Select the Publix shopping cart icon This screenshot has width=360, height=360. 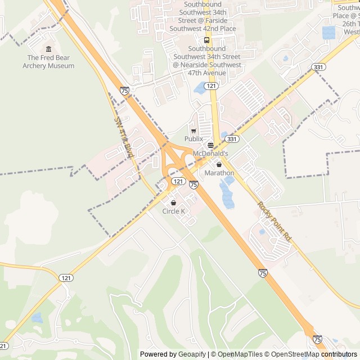[x=193, y=130]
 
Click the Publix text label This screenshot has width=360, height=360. [x=193, y=138]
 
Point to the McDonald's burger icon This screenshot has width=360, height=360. [x=210, y=145]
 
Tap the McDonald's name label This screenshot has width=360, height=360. [x=210, y=153]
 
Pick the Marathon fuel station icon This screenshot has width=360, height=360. [x=219, y=165]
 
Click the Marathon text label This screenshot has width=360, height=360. [x=219, y=173]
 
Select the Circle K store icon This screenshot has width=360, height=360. [x=173, y=203]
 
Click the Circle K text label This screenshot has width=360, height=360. [x=173, y=211]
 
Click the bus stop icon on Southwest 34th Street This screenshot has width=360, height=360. [x=206, y=40]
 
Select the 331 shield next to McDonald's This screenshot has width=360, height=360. [x=232, y=139]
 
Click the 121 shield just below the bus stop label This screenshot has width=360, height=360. [x=211, y=85]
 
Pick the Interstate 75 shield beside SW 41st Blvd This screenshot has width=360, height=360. [x=124, y=90]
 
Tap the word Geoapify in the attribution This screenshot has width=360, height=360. [x=192, y=354]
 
